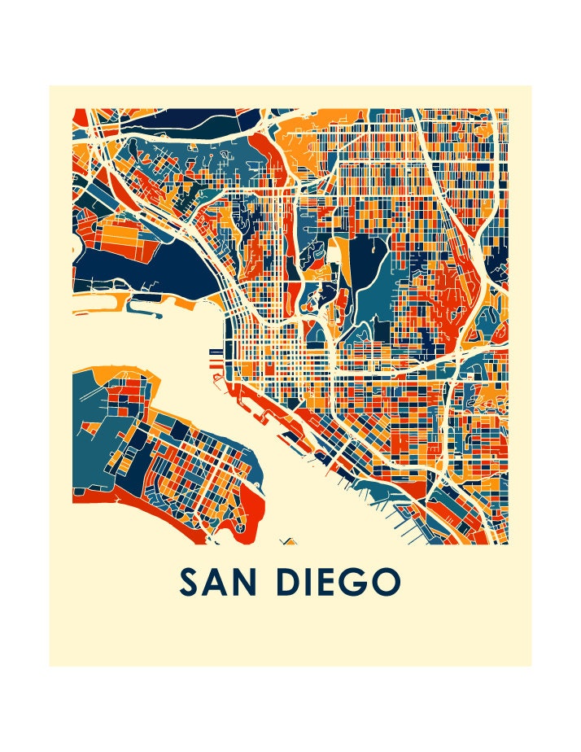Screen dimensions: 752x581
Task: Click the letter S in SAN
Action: [x=190, y=582]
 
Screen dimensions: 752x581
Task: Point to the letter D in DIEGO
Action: [x=290, y=582]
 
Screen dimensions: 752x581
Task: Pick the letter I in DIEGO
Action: [x=313, y=582]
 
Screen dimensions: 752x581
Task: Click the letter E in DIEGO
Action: [x=334, y=582]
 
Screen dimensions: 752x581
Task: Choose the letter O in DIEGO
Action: [x=389, y=582]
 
